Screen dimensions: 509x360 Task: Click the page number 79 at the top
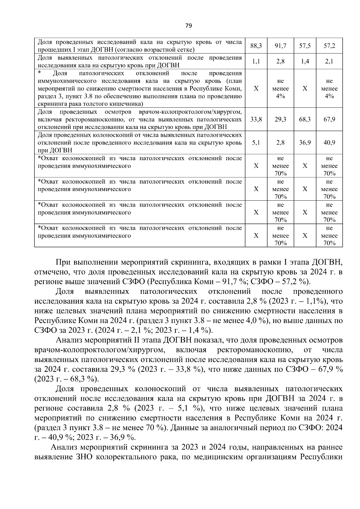188,25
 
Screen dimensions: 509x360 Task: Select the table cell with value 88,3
256,46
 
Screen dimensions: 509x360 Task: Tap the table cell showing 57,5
305,46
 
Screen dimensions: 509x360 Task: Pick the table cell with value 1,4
305,61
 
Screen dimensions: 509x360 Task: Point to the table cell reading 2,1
329,61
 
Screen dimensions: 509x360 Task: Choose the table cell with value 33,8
256,119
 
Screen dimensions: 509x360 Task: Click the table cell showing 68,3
305,119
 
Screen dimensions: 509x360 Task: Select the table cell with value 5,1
256,142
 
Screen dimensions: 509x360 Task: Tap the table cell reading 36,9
305,142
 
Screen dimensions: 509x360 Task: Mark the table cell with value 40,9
329,142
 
